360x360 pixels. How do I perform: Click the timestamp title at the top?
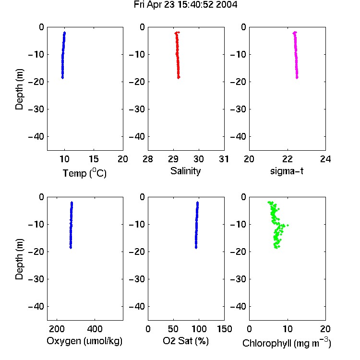[185, 5]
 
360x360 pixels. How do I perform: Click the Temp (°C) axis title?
[84, 173]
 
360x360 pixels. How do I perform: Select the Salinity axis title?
[185, 171]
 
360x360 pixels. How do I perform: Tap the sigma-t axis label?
[287, 171]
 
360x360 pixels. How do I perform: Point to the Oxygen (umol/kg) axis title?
[84, 341]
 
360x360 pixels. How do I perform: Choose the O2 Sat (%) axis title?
[186, 341]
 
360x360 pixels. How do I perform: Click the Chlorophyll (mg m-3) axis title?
[287, 343]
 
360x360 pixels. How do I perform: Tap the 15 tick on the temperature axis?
[94, 159]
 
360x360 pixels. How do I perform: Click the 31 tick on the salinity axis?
[224, 159]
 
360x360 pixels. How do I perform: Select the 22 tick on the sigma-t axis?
[288, 159]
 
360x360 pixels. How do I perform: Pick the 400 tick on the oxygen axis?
[95, 329]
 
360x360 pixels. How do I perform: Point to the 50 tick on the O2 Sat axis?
[173, 329]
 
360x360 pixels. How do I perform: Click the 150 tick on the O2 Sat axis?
[225, 329]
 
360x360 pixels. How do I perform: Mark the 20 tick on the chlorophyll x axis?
[325, 329]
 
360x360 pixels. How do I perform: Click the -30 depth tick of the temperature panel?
[36, 109]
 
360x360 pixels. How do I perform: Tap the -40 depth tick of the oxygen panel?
[36, 307]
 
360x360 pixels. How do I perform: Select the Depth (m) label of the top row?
[19, 89]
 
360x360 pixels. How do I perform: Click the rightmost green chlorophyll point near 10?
[288, 225]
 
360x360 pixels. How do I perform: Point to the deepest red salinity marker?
[179, 77]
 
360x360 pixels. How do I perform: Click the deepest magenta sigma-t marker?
[297, 78]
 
